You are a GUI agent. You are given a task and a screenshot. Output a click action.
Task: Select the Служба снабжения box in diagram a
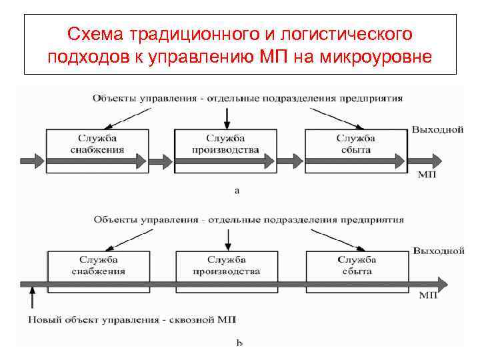[x=97, y=144]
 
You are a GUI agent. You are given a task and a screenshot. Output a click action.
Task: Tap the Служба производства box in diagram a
[x=226, y=144]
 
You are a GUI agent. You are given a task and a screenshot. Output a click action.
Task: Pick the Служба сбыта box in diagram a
[x=356, y=144]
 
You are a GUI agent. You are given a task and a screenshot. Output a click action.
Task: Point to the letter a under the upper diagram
[x=237, y=191]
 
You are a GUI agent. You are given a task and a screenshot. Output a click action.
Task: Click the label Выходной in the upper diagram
[x=437, y=129]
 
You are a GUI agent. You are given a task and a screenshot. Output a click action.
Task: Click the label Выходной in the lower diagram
[x=438, y=251]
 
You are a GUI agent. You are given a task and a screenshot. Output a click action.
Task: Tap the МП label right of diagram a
[x=427, y=175]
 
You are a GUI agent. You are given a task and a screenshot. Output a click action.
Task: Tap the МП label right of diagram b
[x=427, y=295]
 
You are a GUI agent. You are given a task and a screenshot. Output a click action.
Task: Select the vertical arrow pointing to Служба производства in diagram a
[x=227, y=116]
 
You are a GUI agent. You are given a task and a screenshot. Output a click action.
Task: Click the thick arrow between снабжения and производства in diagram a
[x=160, y=161]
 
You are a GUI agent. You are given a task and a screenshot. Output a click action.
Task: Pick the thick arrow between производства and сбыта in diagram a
[x=290, y=161]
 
